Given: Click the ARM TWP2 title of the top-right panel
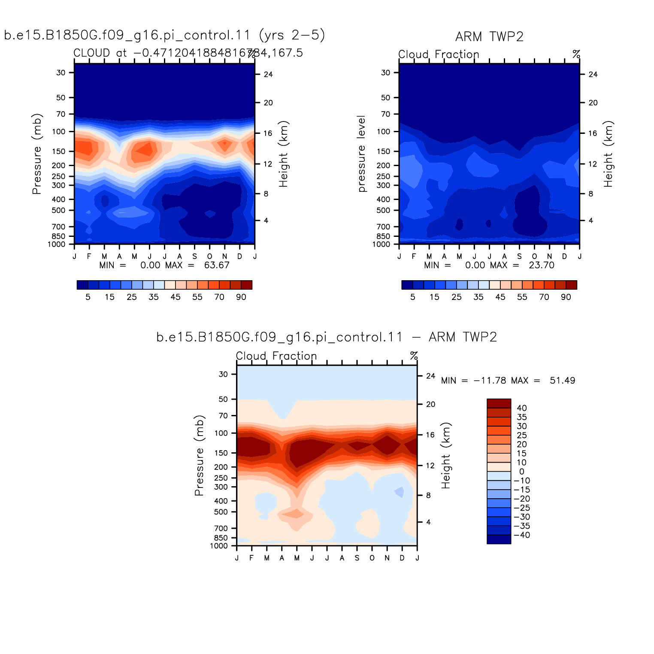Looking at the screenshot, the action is (489, 37).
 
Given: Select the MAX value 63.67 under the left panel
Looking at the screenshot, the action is (217, 265).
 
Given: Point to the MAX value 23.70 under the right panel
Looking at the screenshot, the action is (542, 265).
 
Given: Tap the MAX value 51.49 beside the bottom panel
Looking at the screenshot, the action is (563, 381).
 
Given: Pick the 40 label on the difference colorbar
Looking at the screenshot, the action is (522, 408).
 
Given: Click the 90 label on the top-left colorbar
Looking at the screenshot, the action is (241, 297).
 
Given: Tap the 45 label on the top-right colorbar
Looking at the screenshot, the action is (500, 297).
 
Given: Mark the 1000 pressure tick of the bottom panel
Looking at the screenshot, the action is (219, 546).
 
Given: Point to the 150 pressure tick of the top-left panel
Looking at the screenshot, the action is (59, 151).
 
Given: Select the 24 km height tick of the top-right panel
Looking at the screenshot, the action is (593, 74).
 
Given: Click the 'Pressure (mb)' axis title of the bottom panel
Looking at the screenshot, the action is (199, 455).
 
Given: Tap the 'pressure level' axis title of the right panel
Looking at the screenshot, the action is (361, 154).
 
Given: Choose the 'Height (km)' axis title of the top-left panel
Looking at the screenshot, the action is (283, 154).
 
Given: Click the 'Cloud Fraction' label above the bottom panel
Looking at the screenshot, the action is (276, 356).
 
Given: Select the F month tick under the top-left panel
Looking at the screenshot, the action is (89, 257).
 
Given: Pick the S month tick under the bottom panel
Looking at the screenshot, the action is (357, 558).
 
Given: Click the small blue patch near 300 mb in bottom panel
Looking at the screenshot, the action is (400, 492).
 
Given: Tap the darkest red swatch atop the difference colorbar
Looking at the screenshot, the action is (499, 403).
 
